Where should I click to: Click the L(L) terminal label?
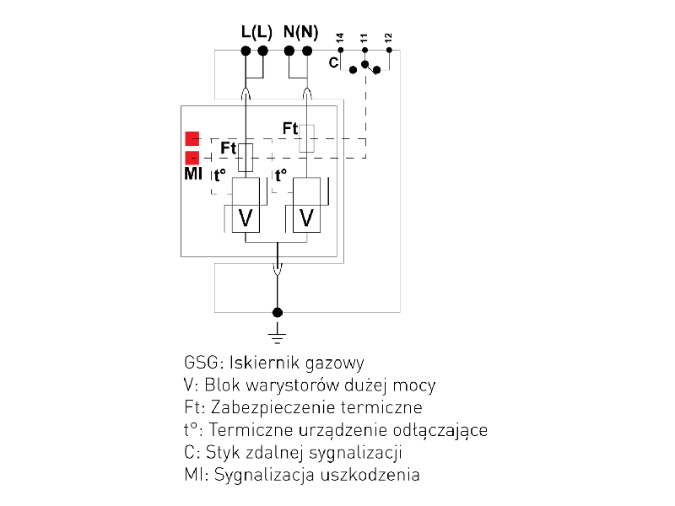click(x=255, y=33)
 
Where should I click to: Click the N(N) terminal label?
click(x=301, y=33)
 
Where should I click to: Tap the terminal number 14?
click(x=340, y=39)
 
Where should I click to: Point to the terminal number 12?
click(x=388, y=39)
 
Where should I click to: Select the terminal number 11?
click(x=364, y=39)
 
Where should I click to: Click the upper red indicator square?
click(x=192, y=139)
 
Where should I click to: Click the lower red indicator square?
click(x=192, y=158)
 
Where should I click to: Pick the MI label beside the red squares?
click(x=192, y=175)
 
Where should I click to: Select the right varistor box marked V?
click(x=307, y=218)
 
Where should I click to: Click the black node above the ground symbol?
click(x=276, y=311)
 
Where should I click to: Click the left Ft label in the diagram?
click(x=228, y=148)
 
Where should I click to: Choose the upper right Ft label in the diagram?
click(x=290, y=129)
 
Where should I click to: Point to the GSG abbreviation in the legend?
click(x=199, y=363)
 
